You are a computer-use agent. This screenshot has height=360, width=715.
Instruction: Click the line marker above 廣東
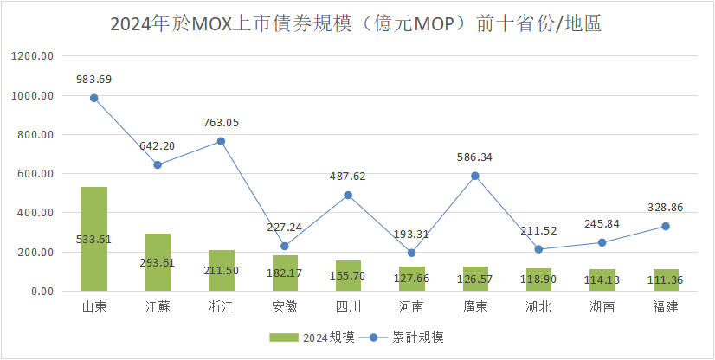pyautogui.click(x=475, y=176)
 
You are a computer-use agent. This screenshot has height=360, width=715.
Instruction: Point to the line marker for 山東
pyautogui.click(x=93, y=98)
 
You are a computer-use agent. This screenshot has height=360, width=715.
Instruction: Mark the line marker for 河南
pyautogui.click(x=412, y=253)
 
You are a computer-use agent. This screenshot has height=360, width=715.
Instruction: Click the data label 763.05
pyautogui.click(x=221, y=123)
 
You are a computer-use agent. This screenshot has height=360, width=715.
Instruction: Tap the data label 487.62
pyautogui.click(x=348, y=176)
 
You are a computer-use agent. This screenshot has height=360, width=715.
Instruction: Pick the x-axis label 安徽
pyautogui.click(x=284, y=307)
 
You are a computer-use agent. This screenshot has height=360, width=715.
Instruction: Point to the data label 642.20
pyautogui.click(x=158, y=145)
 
